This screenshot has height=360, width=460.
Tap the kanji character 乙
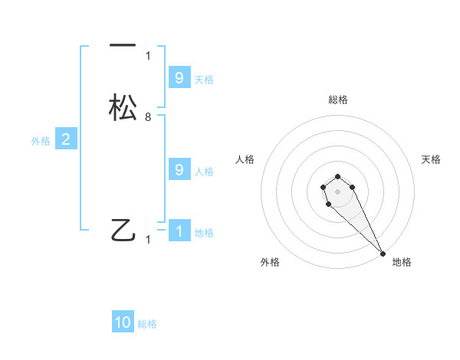pos(123,230)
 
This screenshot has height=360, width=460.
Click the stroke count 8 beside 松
pos(148,117)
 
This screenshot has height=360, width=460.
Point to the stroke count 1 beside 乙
pos(148,240)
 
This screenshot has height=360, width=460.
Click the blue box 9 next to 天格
pos(179,78)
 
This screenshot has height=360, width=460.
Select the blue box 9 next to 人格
pos(179,170)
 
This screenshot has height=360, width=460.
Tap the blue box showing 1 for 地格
pos(179,231)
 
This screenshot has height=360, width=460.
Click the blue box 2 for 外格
pos(66,139)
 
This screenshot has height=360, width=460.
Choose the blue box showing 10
pos(123,322)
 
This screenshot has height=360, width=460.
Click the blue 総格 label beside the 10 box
pos(147,324)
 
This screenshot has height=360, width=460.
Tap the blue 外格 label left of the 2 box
pos(40,141)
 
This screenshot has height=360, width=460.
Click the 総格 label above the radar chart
pos(338,100)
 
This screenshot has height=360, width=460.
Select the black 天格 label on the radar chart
pos(432,159)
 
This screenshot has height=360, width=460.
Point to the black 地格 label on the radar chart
pos(402,262)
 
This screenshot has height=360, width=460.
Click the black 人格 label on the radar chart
pos(245,159)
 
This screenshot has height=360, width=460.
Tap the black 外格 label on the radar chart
pos(270,262)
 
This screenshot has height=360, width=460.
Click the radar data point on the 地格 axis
pos(383,253)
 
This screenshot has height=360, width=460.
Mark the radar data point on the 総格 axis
pos(338,175)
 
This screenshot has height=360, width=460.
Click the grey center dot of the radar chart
pos(338,191)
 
